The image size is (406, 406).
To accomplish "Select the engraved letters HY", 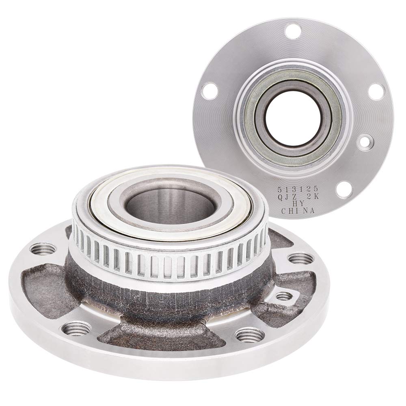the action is click(298, 204).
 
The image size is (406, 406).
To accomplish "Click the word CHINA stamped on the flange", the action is click(298, 211).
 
